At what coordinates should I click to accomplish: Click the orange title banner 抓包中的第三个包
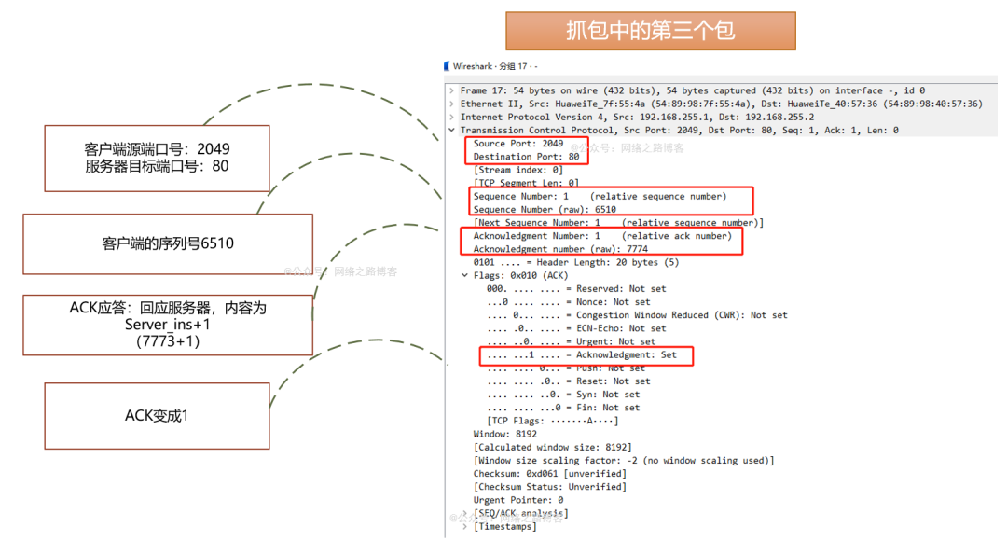coord(650,31)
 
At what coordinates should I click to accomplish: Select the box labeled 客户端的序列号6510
coord(168,243)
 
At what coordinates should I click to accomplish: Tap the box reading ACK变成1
coord(157,415)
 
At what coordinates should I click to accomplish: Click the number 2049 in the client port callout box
coord(214,149)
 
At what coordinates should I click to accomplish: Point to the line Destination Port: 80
coord(526,157)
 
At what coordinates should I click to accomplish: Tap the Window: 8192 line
coord(504,434)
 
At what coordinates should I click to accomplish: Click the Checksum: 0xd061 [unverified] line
coord(549,473)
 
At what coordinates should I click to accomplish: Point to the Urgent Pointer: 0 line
coord(517,500)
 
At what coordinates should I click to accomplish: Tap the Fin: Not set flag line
coord(563,408)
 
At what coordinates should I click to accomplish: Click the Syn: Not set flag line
coord(563,395)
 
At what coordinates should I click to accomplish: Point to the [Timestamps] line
coord(504,526)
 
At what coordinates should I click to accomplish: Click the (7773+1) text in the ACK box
coord(168,341)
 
